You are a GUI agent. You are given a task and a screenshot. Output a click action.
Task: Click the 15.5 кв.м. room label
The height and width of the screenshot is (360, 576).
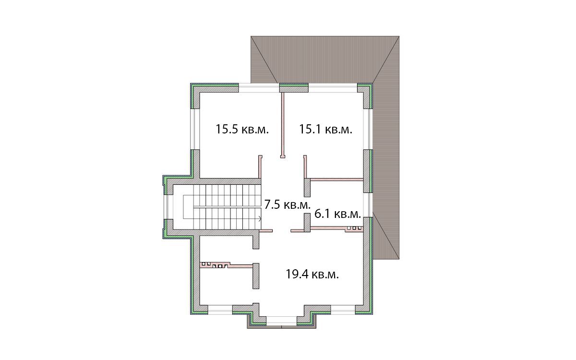(242, 129)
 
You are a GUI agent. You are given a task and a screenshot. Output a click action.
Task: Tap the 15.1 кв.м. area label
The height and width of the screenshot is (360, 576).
(325, 129)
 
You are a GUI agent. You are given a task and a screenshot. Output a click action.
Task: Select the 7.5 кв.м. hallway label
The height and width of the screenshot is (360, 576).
(288, 205)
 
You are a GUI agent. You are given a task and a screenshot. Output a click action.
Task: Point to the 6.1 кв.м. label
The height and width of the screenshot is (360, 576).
(337, 214)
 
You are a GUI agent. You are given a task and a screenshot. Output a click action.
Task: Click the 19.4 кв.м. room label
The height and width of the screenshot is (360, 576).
(312, 275)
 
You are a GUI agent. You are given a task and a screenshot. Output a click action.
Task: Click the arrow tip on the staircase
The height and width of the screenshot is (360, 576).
(261, 219)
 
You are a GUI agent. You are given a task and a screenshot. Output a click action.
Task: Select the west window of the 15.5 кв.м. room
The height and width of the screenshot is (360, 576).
(195, 129)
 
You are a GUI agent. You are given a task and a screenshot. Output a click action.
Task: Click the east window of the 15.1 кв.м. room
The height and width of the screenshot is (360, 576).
(368, 129)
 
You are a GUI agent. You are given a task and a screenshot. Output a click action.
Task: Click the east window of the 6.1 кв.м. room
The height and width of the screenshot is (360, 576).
(368, 205)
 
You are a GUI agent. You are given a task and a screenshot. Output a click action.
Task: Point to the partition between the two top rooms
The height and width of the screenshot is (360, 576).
(283, 125)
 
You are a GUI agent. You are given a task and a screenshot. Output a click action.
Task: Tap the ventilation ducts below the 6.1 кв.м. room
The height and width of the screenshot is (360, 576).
(354, 228)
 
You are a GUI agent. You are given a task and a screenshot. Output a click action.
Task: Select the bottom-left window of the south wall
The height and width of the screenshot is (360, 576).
(220, 310)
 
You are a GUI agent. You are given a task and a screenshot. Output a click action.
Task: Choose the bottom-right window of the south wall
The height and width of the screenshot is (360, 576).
(343, 310)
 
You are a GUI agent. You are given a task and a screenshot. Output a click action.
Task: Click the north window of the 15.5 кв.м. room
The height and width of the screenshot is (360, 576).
(259, 88)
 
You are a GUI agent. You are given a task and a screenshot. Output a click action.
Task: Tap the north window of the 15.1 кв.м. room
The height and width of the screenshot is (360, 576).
(333, 88)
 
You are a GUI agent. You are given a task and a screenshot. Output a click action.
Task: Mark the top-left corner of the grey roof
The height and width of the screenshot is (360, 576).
(251, 36)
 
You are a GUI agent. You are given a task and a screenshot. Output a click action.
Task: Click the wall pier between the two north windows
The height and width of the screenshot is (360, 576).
(294, 88)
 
